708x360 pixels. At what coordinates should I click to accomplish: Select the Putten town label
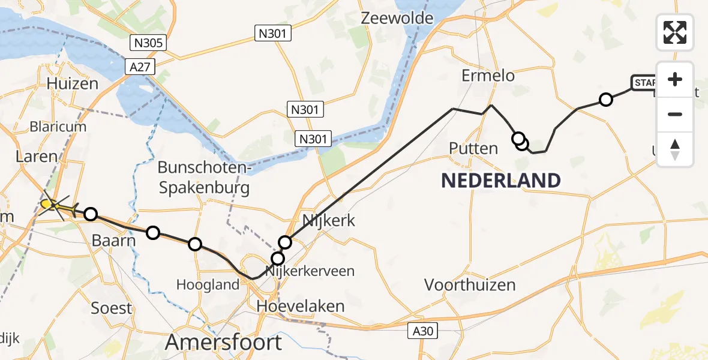pos(473,148)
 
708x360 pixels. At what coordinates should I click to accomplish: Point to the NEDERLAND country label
pos(501,179)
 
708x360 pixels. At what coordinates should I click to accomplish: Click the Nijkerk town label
pos(329,220)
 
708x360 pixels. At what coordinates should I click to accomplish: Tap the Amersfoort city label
pos(223,343)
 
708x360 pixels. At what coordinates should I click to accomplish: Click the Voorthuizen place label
pos(470,284)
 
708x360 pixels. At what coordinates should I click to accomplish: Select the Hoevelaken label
pos(300,307)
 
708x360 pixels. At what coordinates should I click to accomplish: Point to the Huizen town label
pos(73,83)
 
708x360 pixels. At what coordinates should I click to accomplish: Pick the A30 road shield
pos(424,330)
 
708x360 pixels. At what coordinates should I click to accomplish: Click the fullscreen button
pos(675,32)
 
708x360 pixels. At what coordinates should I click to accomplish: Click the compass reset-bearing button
pos(675,149)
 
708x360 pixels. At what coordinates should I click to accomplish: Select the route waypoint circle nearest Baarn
pos(91,214)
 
